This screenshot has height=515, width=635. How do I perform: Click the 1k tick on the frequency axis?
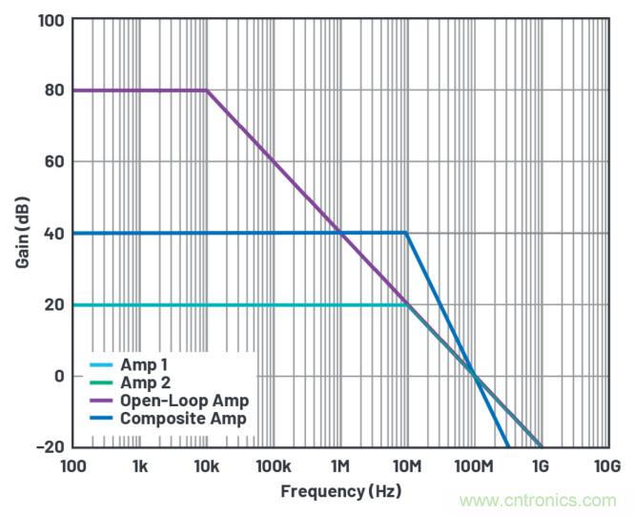(x=140, y=466)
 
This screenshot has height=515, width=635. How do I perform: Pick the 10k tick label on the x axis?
(x=207, y=466)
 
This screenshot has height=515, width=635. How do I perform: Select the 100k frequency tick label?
(x=274, y=466)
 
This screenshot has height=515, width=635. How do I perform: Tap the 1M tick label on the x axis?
(x=340, y=466)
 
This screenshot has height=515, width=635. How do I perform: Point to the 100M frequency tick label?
(x=474, y=466)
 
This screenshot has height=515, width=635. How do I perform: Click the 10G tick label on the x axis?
(x=607, y=466)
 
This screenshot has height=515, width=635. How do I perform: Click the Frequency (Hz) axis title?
(x=340, y=491)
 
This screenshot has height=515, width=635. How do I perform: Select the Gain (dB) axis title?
(x=22, y=233)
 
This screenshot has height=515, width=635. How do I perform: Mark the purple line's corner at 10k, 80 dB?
(x=207, y=91)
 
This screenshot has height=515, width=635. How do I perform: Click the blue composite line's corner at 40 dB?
(x=407, y=233)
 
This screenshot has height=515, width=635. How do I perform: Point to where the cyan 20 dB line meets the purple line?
(x=407, y=305)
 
